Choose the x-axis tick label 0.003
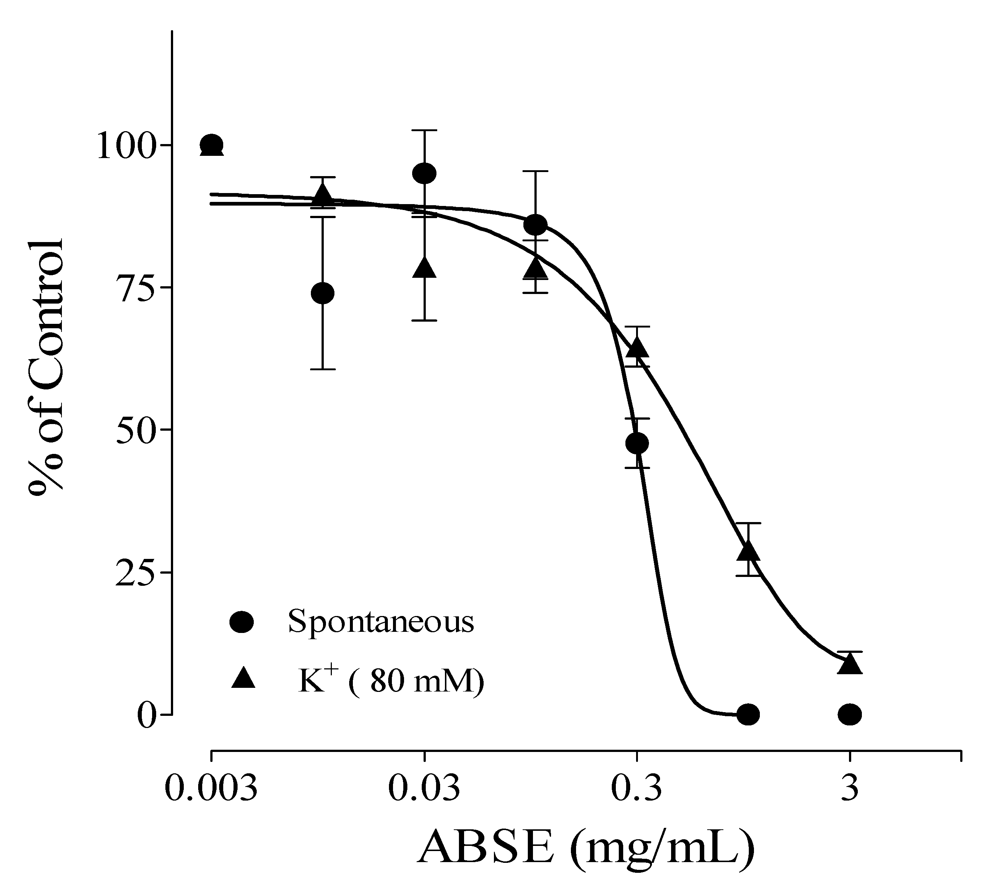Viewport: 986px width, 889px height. pos(211,788)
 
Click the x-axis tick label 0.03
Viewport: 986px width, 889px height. pos(424,788)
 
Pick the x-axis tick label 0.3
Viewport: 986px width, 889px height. pos(636,788)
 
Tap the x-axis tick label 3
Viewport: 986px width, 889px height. pos(850,788)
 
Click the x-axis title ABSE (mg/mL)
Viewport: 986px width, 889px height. pos(586,850)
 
